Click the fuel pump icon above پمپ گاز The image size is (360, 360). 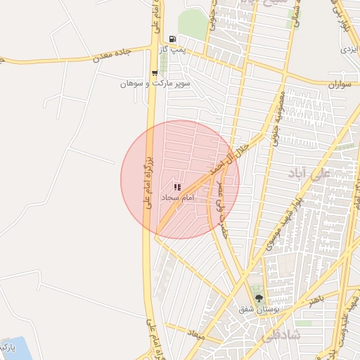(172, 39)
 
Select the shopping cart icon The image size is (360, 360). (154, 72)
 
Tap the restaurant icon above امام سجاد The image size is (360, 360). (177, 188)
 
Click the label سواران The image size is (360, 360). (338, 84)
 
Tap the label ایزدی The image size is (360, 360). (349, 50)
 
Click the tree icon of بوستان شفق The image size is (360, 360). (259, 298)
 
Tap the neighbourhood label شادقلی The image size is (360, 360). (281, 336)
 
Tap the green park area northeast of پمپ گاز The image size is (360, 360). (191, 24)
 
